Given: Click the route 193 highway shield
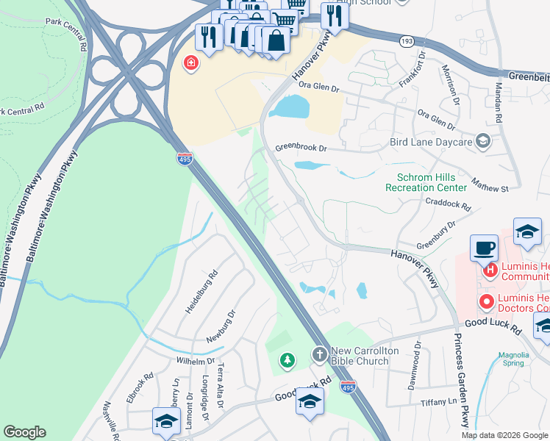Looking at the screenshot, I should click(x=406, y=42).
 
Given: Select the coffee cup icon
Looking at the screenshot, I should click(x=483, y=248).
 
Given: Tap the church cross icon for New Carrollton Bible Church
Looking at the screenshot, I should click(x=320, y=355).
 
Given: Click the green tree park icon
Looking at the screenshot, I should click(x=286, y=360).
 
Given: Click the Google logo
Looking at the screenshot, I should click(x=24, y=432).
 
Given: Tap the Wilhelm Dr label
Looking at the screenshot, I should click(x=194, y=361).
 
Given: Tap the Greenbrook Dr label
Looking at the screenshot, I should click(x=301, y=148).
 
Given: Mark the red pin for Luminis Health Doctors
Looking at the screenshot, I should click(x=486, y=301).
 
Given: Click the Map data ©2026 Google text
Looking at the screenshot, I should click(x=504, y=434).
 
